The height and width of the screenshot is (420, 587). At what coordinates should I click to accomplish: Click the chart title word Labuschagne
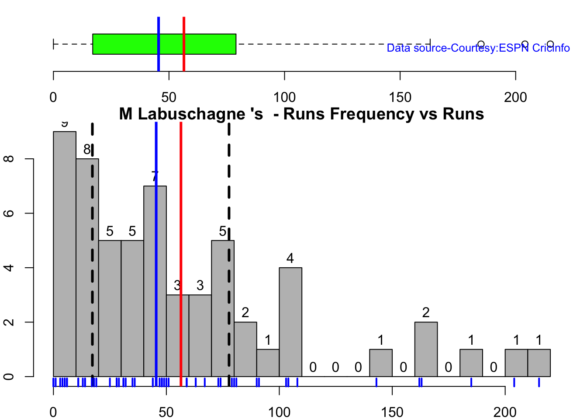click(200, 114)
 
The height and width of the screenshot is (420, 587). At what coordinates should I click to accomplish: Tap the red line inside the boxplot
click(184, 44)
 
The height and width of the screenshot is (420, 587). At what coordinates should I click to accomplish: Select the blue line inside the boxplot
click(159, 44)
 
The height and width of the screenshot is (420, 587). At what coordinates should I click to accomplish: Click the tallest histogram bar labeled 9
click(65, 254)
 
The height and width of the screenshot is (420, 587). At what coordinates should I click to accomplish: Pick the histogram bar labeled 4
click(290, 322)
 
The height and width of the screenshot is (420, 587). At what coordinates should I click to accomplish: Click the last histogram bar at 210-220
click(539, 363)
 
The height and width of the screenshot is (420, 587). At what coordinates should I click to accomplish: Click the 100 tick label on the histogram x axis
click(279, 412)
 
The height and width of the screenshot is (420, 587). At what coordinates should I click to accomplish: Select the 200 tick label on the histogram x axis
click(505, 412)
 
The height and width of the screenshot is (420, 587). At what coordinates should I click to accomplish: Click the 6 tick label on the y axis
click(10, 213)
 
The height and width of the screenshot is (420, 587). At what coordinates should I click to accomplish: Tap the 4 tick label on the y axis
click(10, 267)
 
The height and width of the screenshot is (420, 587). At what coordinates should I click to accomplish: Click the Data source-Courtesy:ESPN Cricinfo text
click(478, 48)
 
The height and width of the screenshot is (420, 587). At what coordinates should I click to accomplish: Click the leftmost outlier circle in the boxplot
click(481, 44)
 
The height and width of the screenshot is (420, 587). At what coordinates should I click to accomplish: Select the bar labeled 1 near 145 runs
click(381, 363)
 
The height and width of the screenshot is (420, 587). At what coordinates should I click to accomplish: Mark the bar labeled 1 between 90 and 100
click(268, 363)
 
